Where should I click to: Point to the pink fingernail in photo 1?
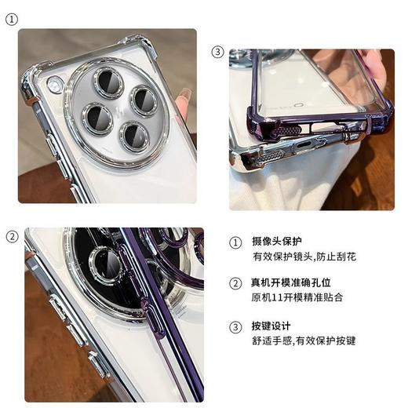184,103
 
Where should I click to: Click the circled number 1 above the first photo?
11,20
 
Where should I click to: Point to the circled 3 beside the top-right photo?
218,53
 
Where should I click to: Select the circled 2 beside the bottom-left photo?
12,236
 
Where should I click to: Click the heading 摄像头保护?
276,242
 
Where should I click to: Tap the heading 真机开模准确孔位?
295,283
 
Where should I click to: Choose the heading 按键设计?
271,326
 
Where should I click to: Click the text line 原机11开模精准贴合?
297,298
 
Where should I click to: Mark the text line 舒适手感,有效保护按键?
304,341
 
